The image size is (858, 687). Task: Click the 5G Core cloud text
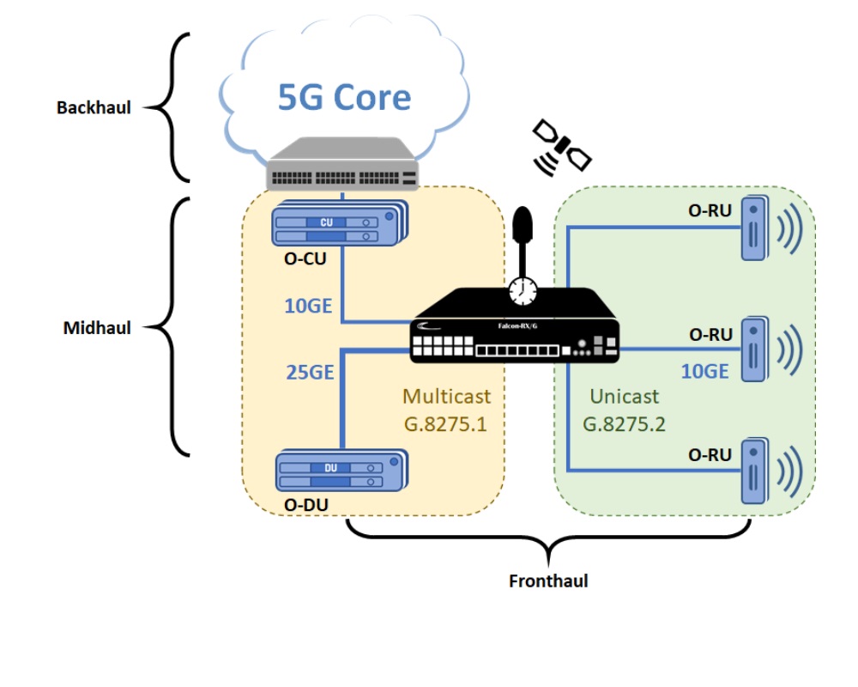pos(344,96)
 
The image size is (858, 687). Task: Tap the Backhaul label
pos(94,108)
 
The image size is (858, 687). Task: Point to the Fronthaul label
pos(548,581)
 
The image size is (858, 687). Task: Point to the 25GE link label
pos(309,372)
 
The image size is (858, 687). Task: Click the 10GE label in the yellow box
pos(309,305)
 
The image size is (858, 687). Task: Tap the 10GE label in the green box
pos(704,371)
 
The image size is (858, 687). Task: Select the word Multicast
pos(447,397)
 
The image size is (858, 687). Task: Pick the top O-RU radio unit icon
pos(756,228)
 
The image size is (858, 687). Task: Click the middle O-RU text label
pos(710,335)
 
